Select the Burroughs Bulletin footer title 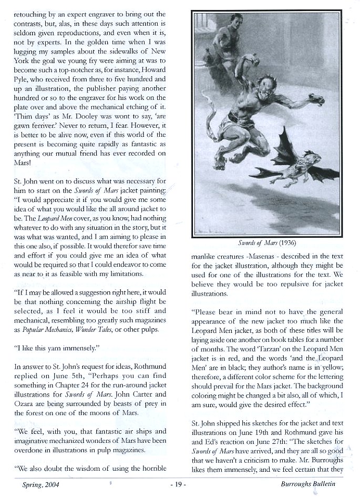(x=308, y=483)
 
